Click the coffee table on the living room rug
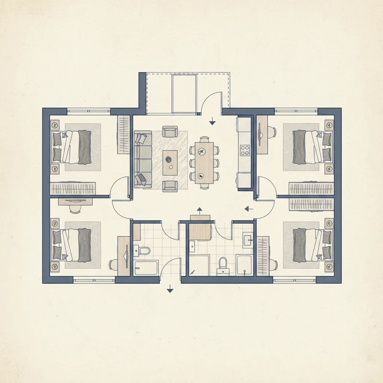[170, 163]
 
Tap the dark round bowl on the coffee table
[168, 159]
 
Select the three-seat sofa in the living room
[143, 159]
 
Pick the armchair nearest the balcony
[170, 132]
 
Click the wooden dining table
[204, 162]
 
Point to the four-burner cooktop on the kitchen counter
[245, 150]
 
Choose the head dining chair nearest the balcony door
[204, 139]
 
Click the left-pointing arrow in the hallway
[248, 208]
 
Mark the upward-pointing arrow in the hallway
[199, 209]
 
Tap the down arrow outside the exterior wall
[170, 288]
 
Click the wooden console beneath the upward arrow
[200, 218]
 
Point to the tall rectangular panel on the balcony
[184, 94]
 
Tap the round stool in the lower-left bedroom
[75, 209]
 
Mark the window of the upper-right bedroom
[296, 111]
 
